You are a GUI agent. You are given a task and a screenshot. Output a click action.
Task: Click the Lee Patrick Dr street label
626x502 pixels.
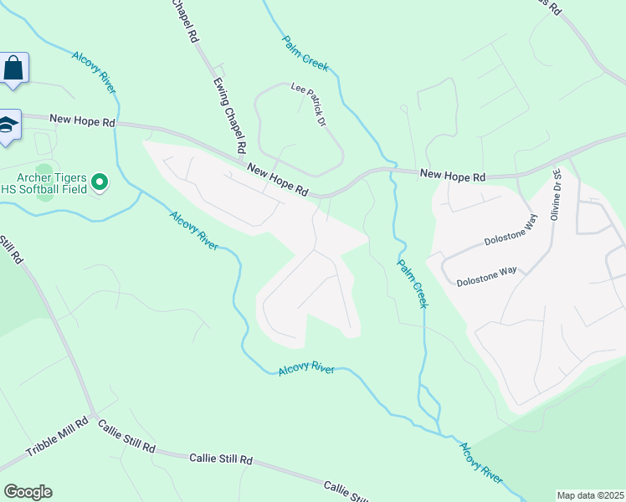307,104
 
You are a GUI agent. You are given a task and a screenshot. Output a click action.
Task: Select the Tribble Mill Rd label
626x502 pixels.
57,438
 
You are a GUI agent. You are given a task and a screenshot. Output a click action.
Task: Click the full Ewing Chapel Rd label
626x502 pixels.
228,115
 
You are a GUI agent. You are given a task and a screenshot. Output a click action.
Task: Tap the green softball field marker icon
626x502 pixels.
100,181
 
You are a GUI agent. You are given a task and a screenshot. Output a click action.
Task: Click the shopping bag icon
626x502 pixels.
13,68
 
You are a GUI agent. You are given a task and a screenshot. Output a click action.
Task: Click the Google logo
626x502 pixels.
28,491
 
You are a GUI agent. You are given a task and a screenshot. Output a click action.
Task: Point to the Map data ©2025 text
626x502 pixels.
590,495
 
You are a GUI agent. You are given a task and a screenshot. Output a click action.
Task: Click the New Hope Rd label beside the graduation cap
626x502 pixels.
82,120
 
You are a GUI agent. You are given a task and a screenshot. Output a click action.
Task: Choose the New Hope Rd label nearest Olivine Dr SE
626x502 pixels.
453,176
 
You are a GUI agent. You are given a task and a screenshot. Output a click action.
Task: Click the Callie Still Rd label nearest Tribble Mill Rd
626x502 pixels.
126,437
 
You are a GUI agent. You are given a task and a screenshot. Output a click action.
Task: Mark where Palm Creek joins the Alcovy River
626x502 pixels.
441,433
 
